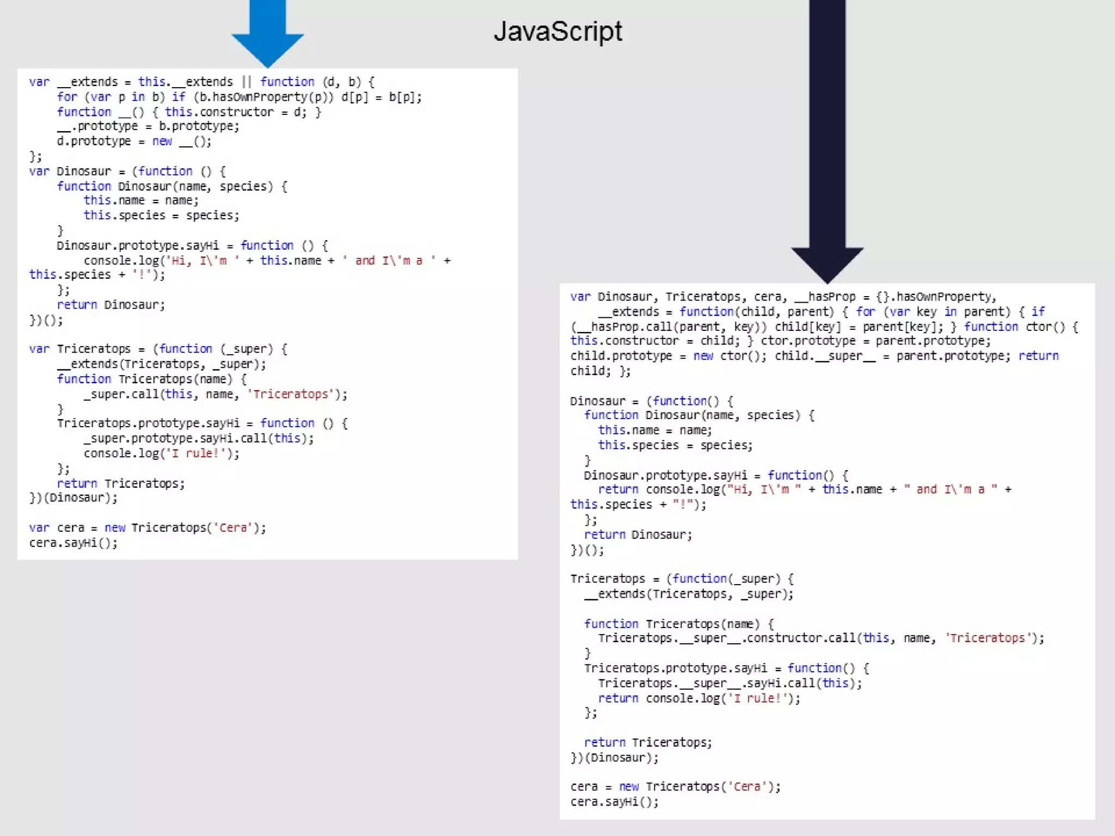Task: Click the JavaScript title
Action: point(557,32)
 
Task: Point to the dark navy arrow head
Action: point(827,263)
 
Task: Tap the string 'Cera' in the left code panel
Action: point(233,528)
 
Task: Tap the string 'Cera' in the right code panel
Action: point(747,787)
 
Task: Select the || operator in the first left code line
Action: point(247,82)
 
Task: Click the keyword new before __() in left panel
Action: point(162,142)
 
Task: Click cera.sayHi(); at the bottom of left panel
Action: point(73,543)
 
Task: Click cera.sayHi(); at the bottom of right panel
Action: point(615,802)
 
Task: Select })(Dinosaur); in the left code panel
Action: point(73,498)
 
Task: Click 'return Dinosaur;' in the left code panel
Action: point(111,305)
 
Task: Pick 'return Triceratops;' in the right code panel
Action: point(648,742)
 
